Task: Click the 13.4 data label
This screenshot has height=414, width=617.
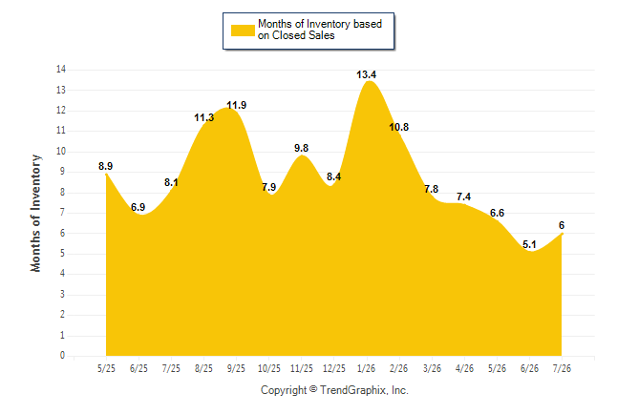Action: (366, 74)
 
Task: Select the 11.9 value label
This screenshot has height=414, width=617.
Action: (237, 105)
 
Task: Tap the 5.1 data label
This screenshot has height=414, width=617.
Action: (529, 244)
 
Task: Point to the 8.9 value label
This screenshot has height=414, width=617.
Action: (105, 166)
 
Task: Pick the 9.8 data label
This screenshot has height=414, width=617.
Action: (302, 148)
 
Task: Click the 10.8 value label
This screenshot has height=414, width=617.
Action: (399, 128)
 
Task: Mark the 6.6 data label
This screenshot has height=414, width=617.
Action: (497, 213)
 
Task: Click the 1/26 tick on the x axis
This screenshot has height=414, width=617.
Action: (367, 369)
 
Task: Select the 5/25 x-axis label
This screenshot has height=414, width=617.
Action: (106, 369)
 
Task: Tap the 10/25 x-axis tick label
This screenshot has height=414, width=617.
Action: (269, 369)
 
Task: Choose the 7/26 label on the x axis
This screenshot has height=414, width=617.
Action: (562, 369)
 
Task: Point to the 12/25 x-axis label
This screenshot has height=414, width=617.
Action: (334, 369)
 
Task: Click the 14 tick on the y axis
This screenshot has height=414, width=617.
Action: (61, 70)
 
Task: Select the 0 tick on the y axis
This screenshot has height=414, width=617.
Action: (62, 356)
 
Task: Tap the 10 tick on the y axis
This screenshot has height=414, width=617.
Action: (61, 152)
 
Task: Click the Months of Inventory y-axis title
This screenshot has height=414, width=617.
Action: (35, 213)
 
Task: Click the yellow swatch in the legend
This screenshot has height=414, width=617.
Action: (243, 31)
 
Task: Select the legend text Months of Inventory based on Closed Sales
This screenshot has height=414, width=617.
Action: (320, 30)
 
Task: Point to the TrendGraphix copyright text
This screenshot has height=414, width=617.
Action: (334, 390)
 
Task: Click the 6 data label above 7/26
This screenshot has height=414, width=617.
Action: (562, 226)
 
